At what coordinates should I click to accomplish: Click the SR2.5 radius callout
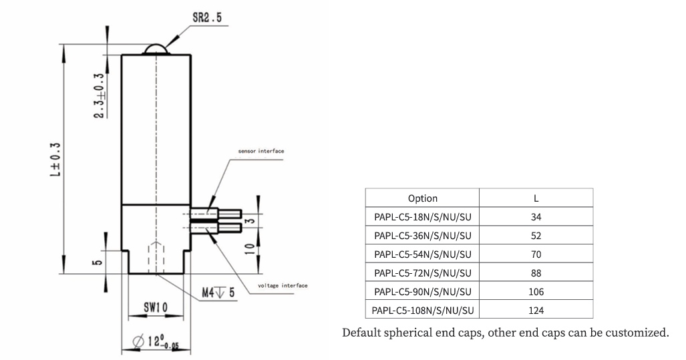click(207, 18)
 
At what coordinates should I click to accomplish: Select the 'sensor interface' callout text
click(261, 152)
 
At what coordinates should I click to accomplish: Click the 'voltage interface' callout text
click(283, 285)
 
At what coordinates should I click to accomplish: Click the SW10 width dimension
click(156, 307)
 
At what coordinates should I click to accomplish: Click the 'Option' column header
click(422, 198)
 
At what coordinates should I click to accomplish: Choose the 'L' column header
click(536, 198)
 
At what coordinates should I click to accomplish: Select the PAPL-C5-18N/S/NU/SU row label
click(422, 217)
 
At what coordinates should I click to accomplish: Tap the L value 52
click(536, 236)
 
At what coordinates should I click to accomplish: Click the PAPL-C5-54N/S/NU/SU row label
click(422, 254)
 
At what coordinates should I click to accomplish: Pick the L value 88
click(536, 273)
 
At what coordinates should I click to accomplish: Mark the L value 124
click(536, 310)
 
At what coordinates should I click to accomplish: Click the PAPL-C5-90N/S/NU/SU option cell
click(422, 291)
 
